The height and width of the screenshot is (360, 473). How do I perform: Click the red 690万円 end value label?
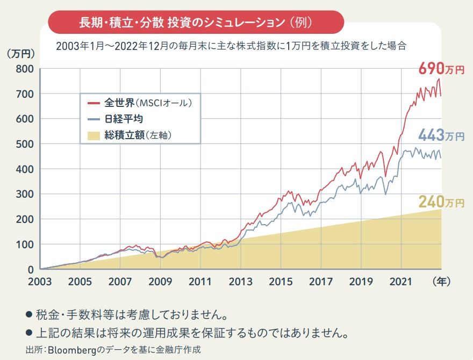click(x=441, y=69)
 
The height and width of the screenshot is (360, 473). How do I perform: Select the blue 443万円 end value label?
click(x=441, y=136)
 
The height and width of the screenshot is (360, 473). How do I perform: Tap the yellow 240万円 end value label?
click(x=441, y=203)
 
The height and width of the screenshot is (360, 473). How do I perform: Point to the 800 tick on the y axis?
click(x=25, y=69)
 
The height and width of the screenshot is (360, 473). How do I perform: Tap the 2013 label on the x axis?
click(x=240, y=280)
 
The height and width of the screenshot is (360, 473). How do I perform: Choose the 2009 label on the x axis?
click(x=160, y=280)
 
